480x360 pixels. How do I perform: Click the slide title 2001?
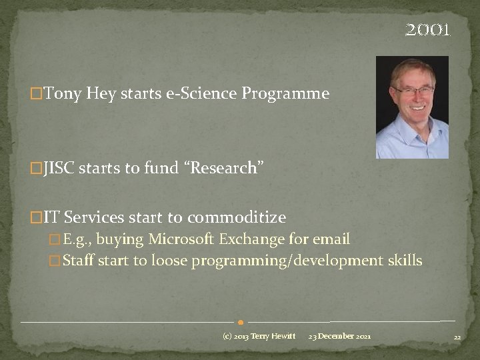pos(428,31)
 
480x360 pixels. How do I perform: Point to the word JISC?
pos(59,169)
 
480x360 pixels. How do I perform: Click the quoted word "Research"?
pos(223,169)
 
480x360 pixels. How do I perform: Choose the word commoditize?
pos(237,218)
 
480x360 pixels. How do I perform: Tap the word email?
pos(331,239)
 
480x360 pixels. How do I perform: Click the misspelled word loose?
pos(169,261)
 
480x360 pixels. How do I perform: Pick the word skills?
pos(405,261)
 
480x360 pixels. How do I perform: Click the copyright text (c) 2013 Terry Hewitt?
pos(259,336)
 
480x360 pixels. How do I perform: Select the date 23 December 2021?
pos(340,336)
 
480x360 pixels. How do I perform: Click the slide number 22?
pos(457,337)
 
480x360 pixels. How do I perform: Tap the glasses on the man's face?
pos(413,89)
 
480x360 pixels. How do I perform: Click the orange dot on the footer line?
pos(240,322)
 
